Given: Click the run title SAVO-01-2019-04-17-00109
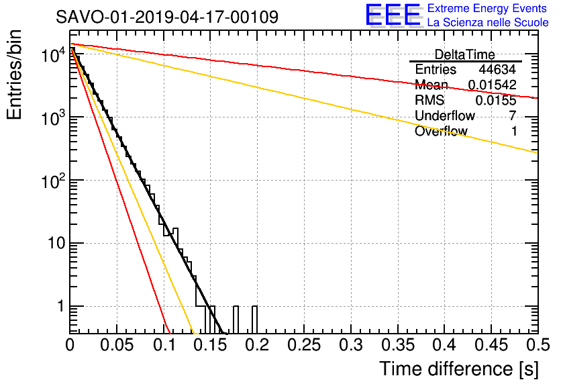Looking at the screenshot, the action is [x=166, y=17].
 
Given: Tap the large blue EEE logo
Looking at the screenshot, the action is [x=393, y=15].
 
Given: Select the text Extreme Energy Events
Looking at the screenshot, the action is [x=487, y=8].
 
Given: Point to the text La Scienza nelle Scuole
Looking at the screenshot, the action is [x=488, y=22].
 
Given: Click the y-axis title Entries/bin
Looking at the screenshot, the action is [x=14, y=75].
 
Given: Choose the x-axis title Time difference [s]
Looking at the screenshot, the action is [x=459, y=369].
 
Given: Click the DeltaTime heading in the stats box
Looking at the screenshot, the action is [x=464, y=54].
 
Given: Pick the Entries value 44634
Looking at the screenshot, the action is [x=497, y=69].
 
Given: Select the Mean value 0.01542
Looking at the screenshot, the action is [x=493, y=85].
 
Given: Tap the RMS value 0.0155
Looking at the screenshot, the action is [x=496, y=100].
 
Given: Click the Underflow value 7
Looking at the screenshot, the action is [x=513, y=115].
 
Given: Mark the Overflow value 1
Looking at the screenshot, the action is [x=514, y=131].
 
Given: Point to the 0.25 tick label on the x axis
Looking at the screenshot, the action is [x=304, y=345].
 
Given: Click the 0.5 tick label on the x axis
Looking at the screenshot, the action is [x=538, y=345].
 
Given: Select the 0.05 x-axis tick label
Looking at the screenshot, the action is [x=117, y=345].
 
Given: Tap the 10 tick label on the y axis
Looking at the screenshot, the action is [x=56, y=243].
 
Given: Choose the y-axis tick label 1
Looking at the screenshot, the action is [x=60, y=306].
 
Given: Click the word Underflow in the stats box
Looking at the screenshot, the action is [x=445, y=115].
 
